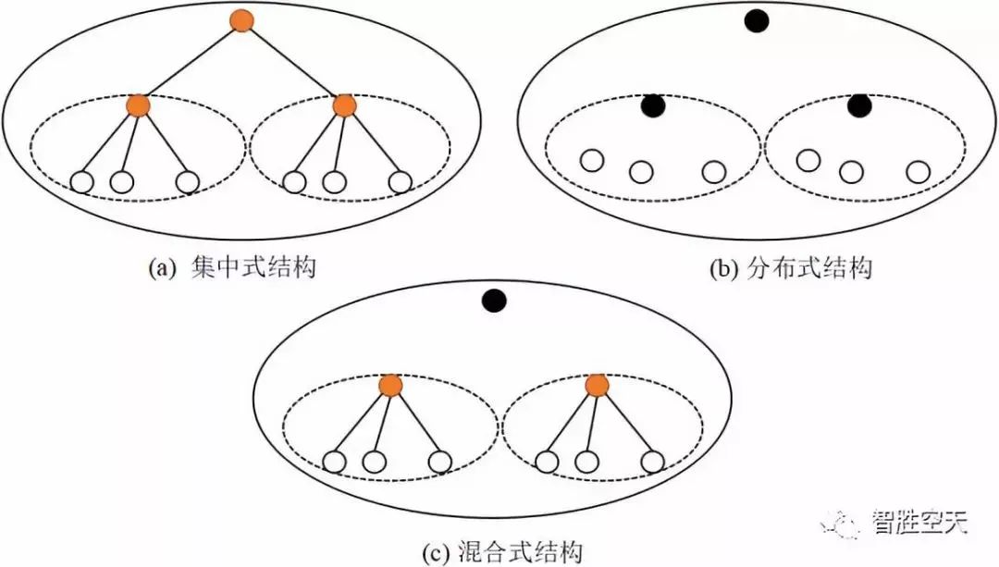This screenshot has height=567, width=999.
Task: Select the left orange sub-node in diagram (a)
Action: (x=139, y=105)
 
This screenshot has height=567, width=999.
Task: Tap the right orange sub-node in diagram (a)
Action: (x=344, y=105)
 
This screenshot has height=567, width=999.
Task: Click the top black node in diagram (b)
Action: (x=757, y=21)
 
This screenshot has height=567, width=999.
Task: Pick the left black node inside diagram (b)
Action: (x=654, y=106)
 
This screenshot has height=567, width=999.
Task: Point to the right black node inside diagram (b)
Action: (x=859, y=106)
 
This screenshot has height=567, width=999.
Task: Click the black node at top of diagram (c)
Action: (x=494, y=301)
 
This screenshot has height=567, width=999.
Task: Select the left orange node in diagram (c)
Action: (x=390, y=385)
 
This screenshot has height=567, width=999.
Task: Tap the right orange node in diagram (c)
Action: (x=597, y=385)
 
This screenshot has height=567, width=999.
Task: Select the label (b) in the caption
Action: (x=721, y=268)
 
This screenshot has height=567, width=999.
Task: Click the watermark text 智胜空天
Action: (x=919, y=524)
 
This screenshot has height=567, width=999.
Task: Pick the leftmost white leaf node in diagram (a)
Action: (x=82, y=182)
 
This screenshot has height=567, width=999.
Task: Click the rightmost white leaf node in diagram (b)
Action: (x=918, y=171)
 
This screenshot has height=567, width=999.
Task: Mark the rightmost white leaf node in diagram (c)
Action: (x=653, y=461)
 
